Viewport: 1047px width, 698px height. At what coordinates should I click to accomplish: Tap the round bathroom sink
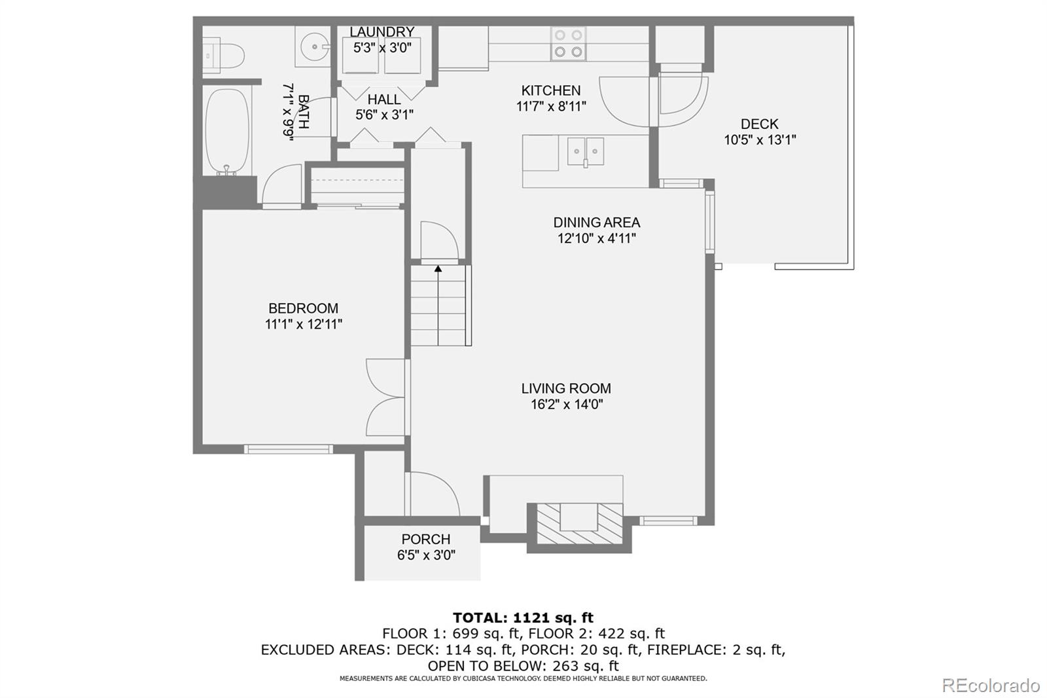[315, 46]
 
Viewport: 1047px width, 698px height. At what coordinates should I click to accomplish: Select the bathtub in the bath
[228, 133]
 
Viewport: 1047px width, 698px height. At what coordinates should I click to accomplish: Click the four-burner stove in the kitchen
[567, 44]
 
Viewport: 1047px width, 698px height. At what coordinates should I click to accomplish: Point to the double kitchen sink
[585, 151]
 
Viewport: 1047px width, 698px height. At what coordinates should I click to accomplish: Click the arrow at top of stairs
[438, 268]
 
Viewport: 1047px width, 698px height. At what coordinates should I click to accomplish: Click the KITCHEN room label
[550, 90]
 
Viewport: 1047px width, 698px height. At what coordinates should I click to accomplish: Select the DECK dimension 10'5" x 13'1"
[759, 139]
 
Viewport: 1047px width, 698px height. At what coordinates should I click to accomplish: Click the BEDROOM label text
[303, 308]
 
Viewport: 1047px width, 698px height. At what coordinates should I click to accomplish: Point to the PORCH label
[425, 539]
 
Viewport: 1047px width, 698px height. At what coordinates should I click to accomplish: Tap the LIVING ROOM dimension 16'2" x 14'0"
[566, 404]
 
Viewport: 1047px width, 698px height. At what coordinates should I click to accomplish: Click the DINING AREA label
[596, 223]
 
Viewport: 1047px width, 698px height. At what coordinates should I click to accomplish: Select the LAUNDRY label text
[382, 31]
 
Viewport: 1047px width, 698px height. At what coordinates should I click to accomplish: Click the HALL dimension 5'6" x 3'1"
[383, 115]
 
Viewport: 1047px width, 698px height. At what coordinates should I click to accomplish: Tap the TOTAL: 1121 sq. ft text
[523, 617]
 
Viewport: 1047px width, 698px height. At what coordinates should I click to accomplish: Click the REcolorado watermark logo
[990, 685]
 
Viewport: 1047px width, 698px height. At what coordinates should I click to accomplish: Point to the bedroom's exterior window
[289, 449]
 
